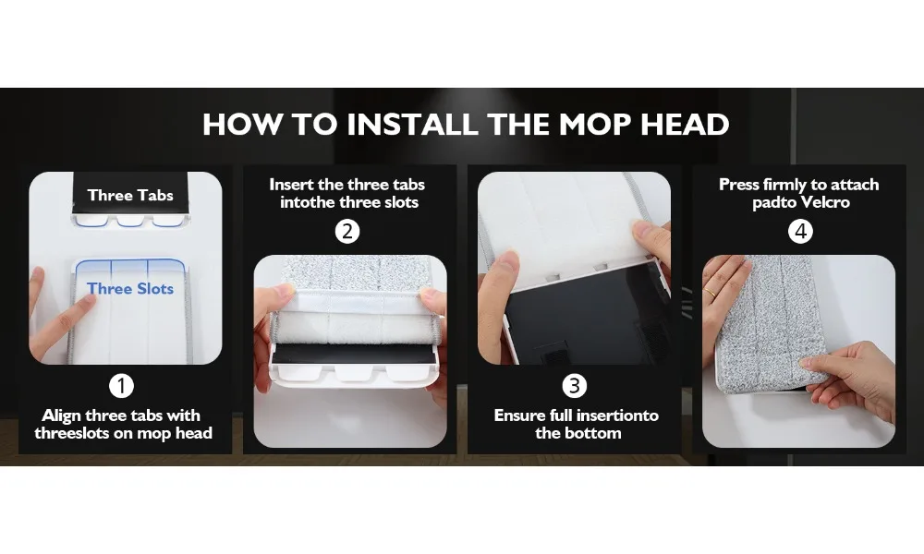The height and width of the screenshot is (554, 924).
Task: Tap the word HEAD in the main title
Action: (685, 125)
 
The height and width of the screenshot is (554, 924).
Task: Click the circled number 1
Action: (121, 386)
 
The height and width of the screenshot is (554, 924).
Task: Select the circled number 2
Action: (347, 232)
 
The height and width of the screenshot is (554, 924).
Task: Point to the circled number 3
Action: (575, 386)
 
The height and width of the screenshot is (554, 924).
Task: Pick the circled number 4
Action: (800, 232)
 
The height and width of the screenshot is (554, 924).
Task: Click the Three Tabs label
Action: (130, 195)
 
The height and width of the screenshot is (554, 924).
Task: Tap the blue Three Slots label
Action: (130, 288)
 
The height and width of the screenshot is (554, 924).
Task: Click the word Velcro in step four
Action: (824, 202)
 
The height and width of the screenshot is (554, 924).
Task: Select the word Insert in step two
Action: (292, 185)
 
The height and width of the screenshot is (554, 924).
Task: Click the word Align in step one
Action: (61, 416)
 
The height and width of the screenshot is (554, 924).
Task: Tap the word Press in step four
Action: (739, 185)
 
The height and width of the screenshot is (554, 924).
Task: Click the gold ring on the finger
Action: (711, 292)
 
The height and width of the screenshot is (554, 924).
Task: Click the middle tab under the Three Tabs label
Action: (131, 220)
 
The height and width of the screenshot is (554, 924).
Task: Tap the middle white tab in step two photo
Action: (354, 372)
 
